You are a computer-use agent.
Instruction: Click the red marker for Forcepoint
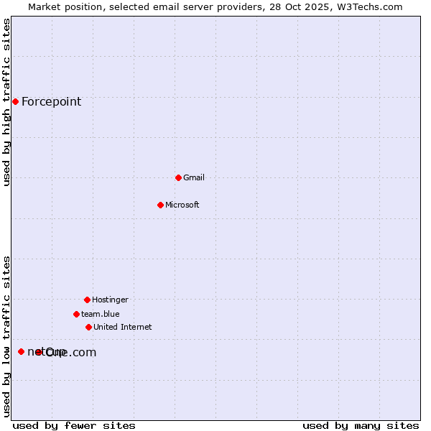(x=15, y=101)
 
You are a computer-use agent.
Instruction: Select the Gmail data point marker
(x=178, y=177)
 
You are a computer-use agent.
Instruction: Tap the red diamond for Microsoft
(x=160, y=205)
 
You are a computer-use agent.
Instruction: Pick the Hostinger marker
(x=87, y=300)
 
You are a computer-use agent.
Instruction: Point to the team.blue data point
(x=76, y=314)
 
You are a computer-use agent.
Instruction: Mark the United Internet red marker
(x=88, y=327)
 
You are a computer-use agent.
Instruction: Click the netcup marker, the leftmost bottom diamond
(x=21, y=351)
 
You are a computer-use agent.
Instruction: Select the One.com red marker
(x=39, y=352)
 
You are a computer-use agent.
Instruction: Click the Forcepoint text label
(x=51, y=101)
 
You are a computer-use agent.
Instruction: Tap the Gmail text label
(x=194, y=177)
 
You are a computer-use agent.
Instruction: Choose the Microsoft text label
(x=182, y=205)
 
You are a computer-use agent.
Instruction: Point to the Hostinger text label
(x=110, y=300)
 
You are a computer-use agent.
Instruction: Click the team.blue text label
(x=101, y=314)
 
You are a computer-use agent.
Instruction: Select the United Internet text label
(x=123, y=327)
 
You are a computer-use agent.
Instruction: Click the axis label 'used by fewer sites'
(x=74, y=425)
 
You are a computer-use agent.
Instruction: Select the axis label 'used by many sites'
(x=361, y=425)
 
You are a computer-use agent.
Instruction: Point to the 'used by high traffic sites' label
(x=6, y=102)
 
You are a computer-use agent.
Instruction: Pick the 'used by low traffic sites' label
(x=6, y=336)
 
